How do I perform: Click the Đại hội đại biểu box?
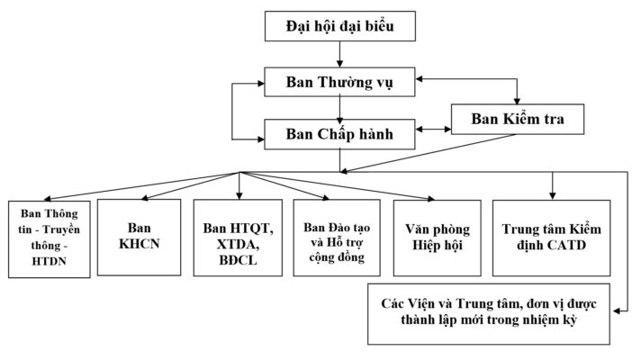tap(339, 27)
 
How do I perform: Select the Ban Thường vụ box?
tap(339, 84)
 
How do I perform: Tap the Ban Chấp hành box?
tap(339, 134)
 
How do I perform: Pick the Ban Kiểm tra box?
tap(518, 119)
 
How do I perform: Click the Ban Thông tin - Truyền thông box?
tap(49, 237)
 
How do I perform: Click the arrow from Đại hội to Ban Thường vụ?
tap(339, 54)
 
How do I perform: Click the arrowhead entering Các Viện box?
tap(620, 311)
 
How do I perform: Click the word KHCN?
tap(140, 244)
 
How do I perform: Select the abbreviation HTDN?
tap(49, 262)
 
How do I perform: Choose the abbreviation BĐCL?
tap(239, 261)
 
